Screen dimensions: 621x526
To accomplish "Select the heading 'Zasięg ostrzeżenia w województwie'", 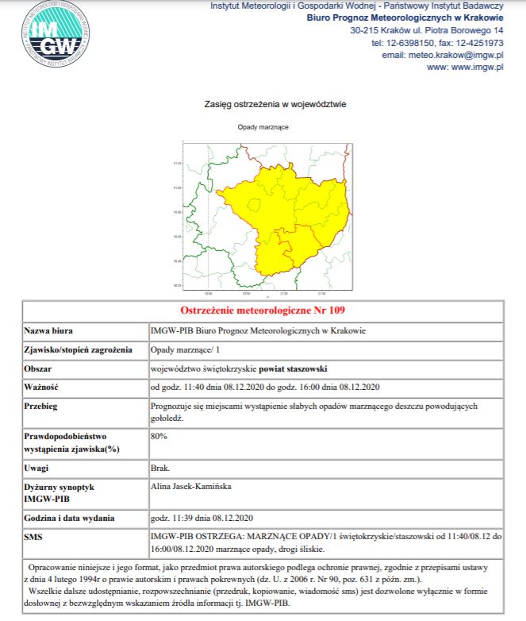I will click(275, 104).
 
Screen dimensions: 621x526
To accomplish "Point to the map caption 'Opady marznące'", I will click(263, 127).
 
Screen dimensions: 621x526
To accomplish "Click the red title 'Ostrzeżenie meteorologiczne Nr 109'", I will click(263, 310).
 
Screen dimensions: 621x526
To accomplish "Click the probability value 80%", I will click(159, 436).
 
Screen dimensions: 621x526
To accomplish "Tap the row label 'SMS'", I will click(36, 538).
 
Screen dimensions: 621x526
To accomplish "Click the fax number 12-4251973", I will click(479, 43).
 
